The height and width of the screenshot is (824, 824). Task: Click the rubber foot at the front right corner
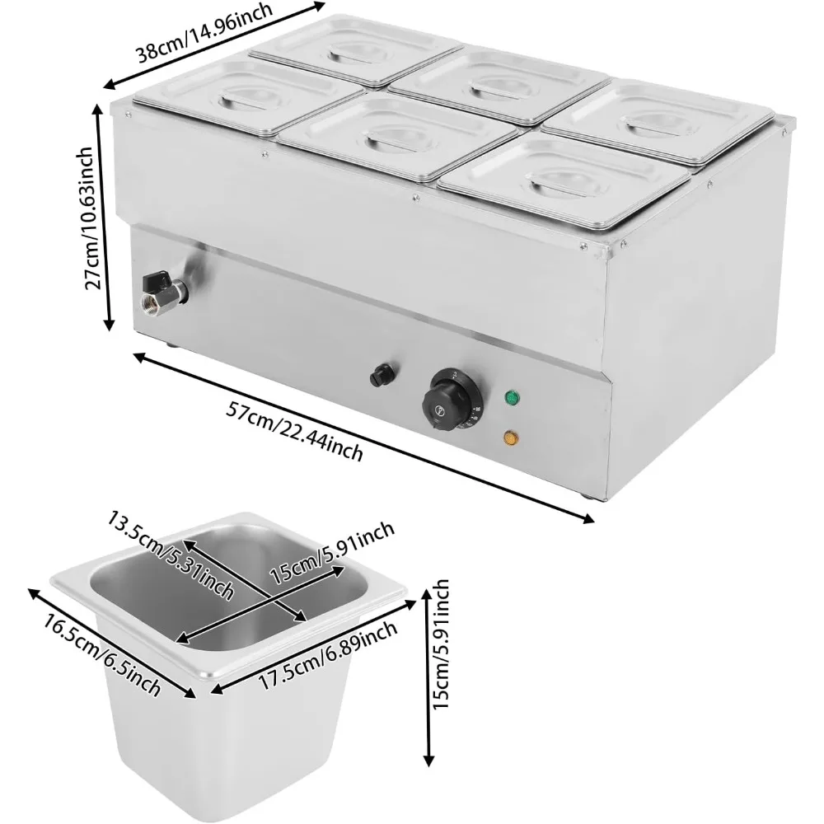tap(586, 495)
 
